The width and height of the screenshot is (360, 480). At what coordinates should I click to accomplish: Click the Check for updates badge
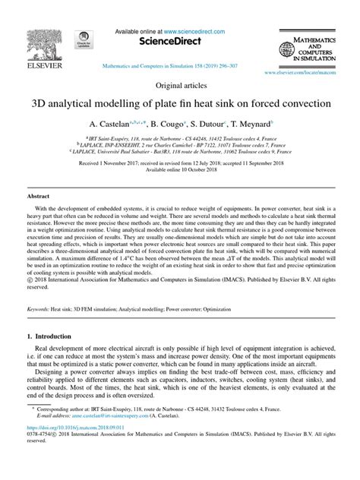tap(84, 46)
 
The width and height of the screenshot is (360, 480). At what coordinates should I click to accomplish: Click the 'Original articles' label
tap(179, 87)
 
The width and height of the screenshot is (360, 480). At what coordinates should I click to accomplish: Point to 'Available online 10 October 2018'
tap(180, 170)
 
